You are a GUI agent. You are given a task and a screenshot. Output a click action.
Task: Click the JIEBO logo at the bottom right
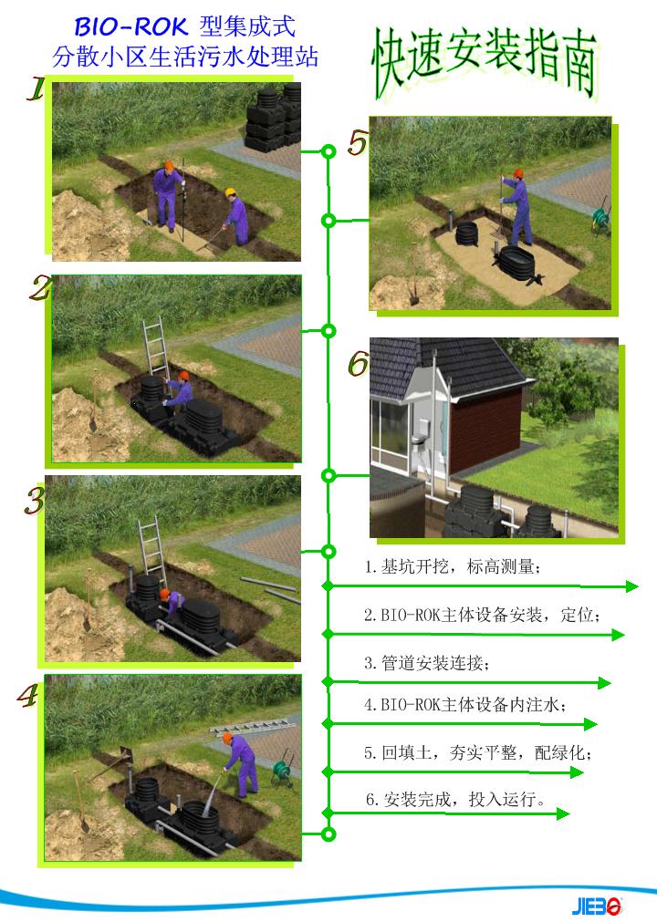pos(597,906)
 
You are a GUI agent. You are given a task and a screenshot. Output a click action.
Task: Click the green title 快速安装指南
pos(485,62)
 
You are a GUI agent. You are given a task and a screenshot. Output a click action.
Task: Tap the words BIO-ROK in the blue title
pos(130,27)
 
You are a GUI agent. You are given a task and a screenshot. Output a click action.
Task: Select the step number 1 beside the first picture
pos(36,88)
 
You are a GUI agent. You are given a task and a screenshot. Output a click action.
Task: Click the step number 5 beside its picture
pos(358,143)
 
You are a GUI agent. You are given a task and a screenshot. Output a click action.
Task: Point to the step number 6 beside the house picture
pos(358,363)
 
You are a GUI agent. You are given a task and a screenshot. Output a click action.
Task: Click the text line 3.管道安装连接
pos(426,663)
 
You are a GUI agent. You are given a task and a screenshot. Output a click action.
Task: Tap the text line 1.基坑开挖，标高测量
pos(452,566)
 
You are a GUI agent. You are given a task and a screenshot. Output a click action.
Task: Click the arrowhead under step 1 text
pos(631,586)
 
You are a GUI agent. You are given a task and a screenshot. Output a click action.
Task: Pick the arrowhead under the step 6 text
pos(563,813)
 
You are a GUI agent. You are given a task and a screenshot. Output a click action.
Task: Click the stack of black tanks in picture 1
pos(274,118)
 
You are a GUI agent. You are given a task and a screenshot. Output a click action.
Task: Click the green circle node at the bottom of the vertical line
pos(328,834)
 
